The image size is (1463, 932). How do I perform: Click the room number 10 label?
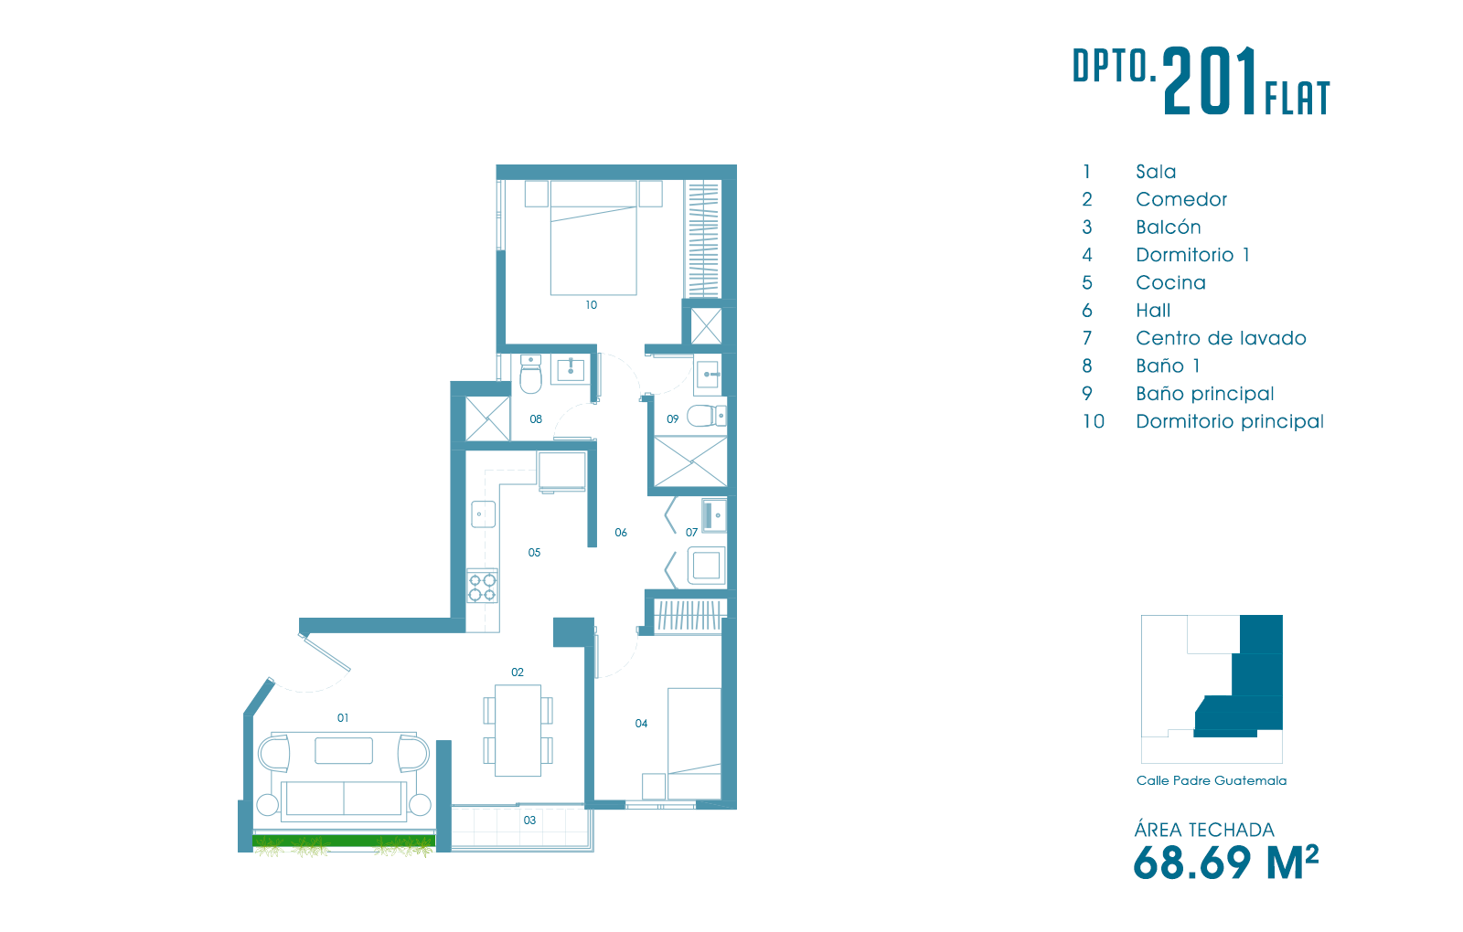[591, 305]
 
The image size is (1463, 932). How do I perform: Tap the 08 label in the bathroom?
[536, 419]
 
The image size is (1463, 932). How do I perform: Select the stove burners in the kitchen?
[482, 586]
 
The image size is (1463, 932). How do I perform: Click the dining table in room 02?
[518, 730]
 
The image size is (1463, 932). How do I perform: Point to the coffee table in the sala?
[344, 750]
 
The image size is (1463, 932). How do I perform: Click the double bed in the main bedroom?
[593, 238]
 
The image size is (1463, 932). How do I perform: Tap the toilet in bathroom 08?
[530, 375]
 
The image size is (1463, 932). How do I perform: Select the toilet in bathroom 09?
[706, 416]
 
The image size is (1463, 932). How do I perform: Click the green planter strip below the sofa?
[344, 841]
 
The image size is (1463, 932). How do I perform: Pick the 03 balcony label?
[529, 821]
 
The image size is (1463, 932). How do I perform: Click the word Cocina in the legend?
[1170, 282]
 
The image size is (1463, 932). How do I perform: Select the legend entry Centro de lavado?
[1221, 338]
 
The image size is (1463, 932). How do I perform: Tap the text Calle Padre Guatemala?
[1212, 780]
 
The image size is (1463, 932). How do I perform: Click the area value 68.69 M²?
[1226, 863]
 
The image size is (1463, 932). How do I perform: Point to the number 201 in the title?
[1211, 81]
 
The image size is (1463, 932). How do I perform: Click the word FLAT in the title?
[1297, 99]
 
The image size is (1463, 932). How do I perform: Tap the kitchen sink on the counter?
[484, 514]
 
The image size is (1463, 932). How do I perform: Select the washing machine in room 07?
[706, 566]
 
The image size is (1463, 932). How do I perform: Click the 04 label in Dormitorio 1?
[641, 723]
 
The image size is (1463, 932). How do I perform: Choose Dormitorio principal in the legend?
[1230, 421]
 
